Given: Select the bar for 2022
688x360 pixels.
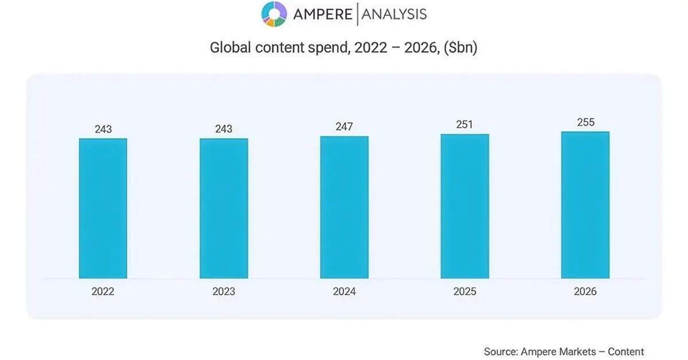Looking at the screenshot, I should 103,208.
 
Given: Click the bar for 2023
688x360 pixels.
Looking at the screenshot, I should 224,208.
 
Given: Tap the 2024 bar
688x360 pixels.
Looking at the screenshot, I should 344,207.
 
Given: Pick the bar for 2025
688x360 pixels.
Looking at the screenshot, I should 464,206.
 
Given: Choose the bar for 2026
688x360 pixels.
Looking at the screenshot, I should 585,205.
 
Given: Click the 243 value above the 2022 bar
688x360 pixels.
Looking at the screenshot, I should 103,130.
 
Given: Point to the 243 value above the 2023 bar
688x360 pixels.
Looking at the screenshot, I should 224,130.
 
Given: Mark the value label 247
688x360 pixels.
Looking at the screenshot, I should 344,127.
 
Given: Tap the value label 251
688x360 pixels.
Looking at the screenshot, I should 464,125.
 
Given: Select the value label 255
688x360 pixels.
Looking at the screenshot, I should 585,123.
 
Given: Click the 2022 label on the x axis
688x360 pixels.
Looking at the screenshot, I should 103,292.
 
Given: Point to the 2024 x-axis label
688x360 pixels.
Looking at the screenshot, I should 344,292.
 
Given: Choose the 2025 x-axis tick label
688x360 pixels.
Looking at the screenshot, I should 464,292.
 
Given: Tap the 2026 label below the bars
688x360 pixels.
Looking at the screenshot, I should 585,292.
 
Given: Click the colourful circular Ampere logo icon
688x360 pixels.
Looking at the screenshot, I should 274,14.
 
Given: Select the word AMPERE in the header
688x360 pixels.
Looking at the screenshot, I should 323,14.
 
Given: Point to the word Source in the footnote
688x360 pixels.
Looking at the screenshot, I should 500,351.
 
